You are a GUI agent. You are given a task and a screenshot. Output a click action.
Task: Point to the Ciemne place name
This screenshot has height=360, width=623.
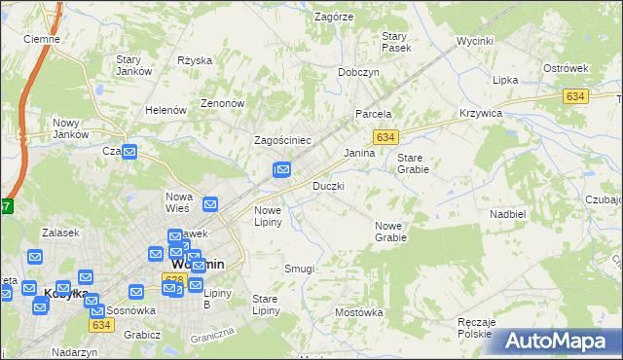pyautogui.click(x=42, y=39)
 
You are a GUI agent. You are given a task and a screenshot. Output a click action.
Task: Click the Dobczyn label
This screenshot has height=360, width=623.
pyautogui.click(x=358, y=72)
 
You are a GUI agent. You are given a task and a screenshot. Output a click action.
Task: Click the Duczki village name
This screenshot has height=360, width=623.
pyautogui.click(x=328, y=185)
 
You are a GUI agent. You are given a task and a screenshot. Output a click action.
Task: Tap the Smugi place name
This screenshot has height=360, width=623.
pyautogui.click(x=299, y=269)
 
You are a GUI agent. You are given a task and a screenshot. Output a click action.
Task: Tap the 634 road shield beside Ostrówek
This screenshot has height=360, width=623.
pyautogui.click(x=574, y=95)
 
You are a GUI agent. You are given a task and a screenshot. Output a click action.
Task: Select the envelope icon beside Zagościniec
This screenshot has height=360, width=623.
pyautogui.click(x=281, y=171)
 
